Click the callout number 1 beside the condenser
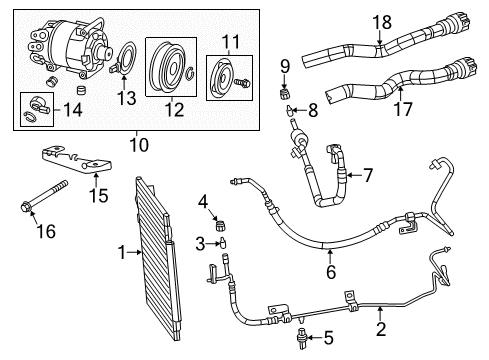click(x=120, y=254)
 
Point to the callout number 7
click(x=368, y=176)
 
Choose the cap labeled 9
click(x=284, y=95)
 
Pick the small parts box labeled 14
click(x=36, y=109)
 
